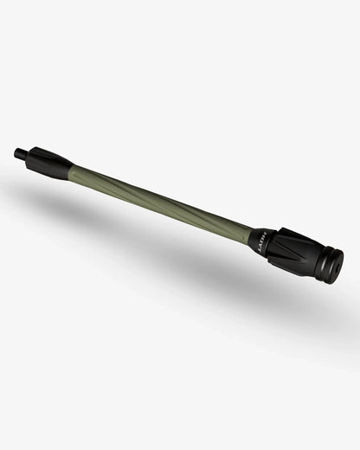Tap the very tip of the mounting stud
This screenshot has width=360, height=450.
point(16,152)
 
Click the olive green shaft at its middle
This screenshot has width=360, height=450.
point(160,198)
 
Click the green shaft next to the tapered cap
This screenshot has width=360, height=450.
point(82,173)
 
